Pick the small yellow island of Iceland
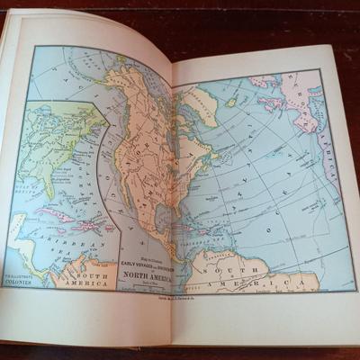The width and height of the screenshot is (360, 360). click(232, 103)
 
